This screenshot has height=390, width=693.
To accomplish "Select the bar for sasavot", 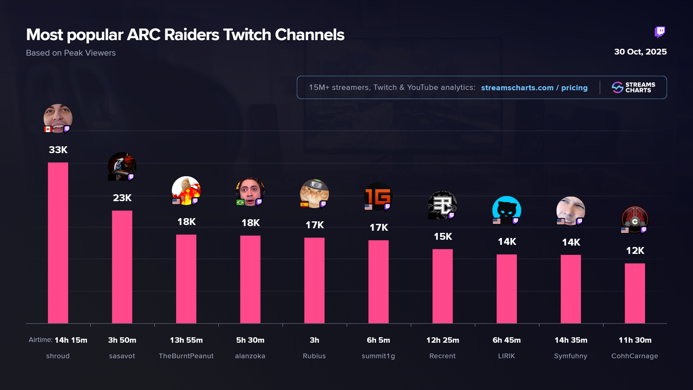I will (x=122, y=267).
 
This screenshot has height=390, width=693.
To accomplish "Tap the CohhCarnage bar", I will (x=635, y=293).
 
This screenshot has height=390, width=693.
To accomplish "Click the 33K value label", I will (x=58, y=150).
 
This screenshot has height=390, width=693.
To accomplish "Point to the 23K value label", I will (x=122, y=198).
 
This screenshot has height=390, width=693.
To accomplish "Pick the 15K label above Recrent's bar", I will (x=443, y=237).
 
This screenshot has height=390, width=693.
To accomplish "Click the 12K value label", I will (x=635, y=251).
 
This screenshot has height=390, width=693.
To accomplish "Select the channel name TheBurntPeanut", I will (x=186, y=356).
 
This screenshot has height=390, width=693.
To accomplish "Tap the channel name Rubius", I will (x=314, y=356).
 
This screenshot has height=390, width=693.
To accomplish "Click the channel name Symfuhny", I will (x=570, y=356).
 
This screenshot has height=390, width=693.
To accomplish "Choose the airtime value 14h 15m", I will (x=71, y=340).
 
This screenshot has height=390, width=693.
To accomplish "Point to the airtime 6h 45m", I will (x=506, y=340).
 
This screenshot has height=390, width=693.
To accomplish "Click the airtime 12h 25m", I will (x=443, y=340).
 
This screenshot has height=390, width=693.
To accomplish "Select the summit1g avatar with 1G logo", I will (x=378, y=196).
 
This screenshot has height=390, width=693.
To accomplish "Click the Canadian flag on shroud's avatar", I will (x=48, y=129).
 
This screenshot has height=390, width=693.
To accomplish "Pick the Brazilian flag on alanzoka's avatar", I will (x=240, y=202).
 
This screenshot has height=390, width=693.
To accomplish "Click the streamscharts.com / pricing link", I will (x=534, y=88).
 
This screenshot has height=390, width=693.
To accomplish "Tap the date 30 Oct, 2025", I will (x=640, y=52).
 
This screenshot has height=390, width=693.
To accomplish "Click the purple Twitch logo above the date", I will (x=660, y=32).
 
